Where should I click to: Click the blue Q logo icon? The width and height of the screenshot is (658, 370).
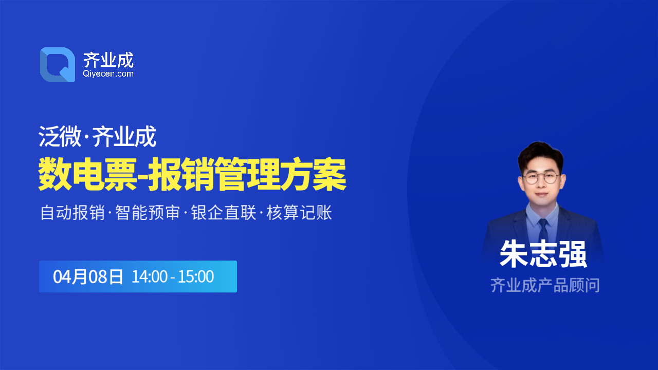pyautogui.click(x=58, y=65)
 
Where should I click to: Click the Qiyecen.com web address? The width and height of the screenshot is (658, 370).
pyautogui.click(x=108, y=73)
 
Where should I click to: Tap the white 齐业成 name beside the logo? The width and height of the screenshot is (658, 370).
pyautogui.click(x=108, y=60)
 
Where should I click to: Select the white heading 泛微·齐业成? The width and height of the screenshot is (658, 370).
pyautogui.click(x=97, y=136)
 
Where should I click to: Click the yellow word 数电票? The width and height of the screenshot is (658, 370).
pyautogui.click(x=87, y=175)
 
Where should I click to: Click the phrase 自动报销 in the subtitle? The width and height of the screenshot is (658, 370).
pyautogui.click(x=72, y=212)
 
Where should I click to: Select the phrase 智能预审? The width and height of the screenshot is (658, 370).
pyautogui.click(x=148, y=212)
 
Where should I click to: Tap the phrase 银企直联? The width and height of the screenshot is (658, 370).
pyautogui.click(x=224, y=212)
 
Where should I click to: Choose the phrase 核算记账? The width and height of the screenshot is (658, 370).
pyautogui.click(x=299, y=212)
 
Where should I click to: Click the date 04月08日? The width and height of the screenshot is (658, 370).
pyautogui.click(x=88, y=276)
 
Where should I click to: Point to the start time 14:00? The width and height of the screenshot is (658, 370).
pyautogui.click(x=150, y=276)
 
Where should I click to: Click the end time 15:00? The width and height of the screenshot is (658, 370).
pyautogui.click(x=196, y=276)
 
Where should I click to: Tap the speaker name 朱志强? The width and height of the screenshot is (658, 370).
pyautogui.click(x=543, y=254)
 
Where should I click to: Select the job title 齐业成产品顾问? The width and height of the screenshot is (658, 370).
pyautogui.click(x=545, y=285)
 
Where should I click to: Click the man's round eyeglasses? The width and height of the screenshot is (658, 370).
pyautogui.click(x=541, y=178)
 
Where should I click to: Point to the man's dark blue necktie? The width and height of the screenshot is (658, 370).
pyautogui.click(x=543, y=231)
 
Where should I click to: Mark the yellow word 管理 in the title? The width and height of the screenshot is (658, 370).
pyautogui.click(x=247, y=175)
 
